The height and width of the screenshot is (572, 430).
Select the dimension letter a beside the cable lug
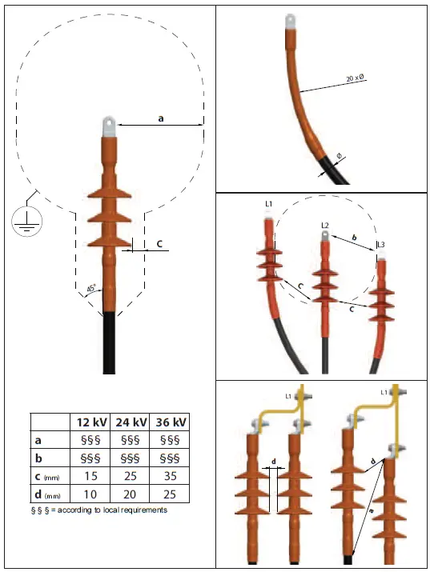(x=160, y=118)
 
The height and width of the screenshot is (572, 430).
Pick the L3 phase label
(x=380, y=244)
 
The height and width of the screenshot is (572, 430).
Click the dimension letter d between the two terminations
(x=275, y=462)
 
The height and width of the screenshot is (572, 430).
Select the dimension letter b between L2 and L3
(x=354, y=238)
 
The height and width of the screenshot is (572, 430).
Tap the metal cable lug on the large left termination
(x=108, y=126)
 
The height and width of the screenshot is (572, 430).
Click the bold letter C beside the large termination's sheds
(x=160, y=245)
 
